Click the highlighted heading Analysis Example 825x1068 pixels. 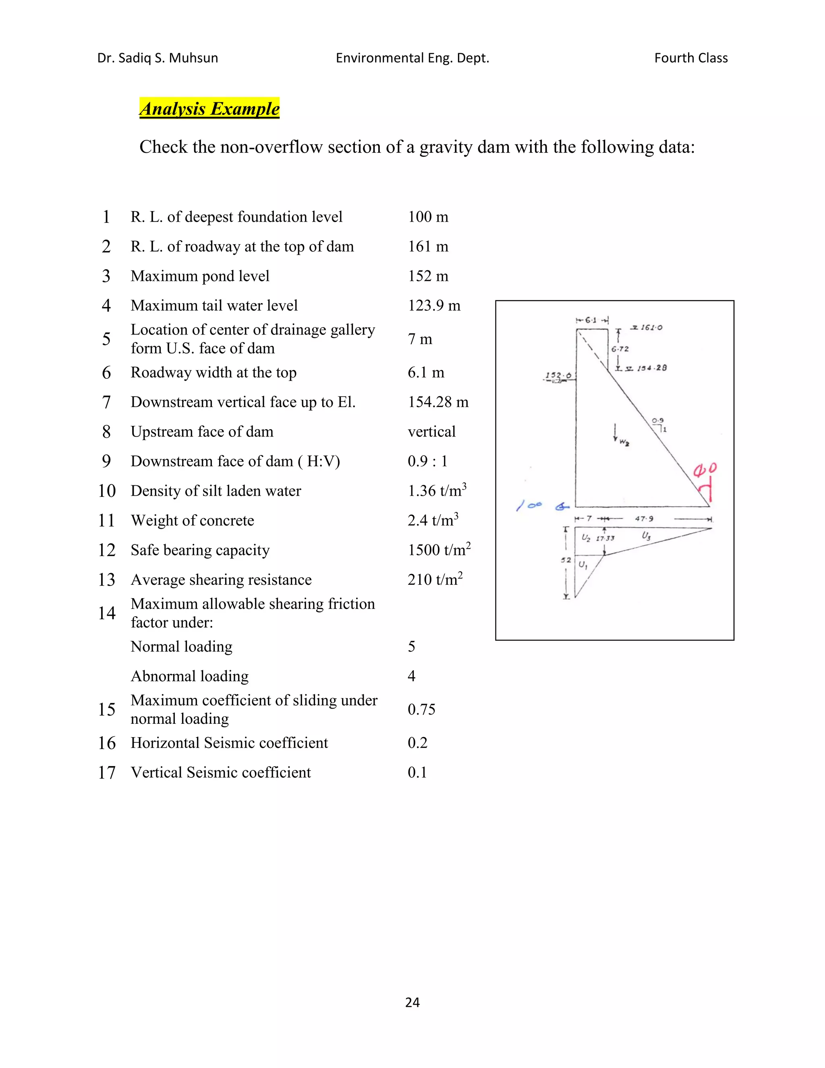[x=209, y=108]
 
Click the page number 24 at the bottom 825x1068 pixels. [x=412, y=1002]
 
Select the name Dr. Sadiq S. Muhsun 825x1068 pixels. [x=158, y=58]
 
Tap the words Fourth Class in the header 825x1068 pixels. [x=690, y=58]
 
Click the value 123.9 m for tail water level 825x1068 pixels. [x=434, y=305]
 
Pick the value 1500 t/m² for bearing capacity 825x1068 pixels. [x=439, y=550]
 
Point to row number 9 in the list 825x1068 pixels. [x=106, y=461]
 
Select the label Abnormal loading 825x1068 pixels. [x=190, y=676]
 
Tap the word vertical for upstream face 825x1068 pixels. [x=431, y=432]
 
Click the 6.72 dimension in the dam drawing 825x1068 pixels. [x=620, y=349]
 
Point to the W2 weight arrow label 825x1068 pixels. [x=624, y=443]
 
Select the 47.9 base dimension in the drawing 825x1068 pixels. [x=644, y=519]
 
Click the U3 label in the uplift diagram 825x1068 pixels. [x=646, y=536]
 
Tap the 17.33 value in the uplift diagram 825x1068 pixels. [x=605, y=538]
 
